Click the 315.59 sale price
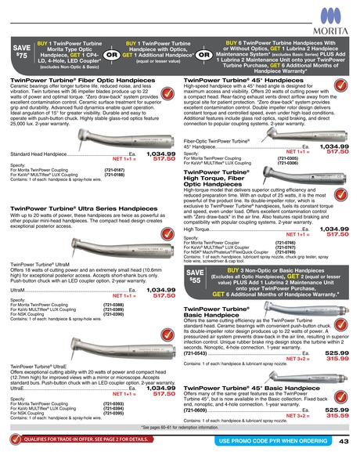pyautogui.click(x=335, y=416)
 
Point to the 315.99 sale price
pyautogui.click(x=335, y=360)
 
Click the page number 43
pyautogui.click(x=344, y=441)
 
